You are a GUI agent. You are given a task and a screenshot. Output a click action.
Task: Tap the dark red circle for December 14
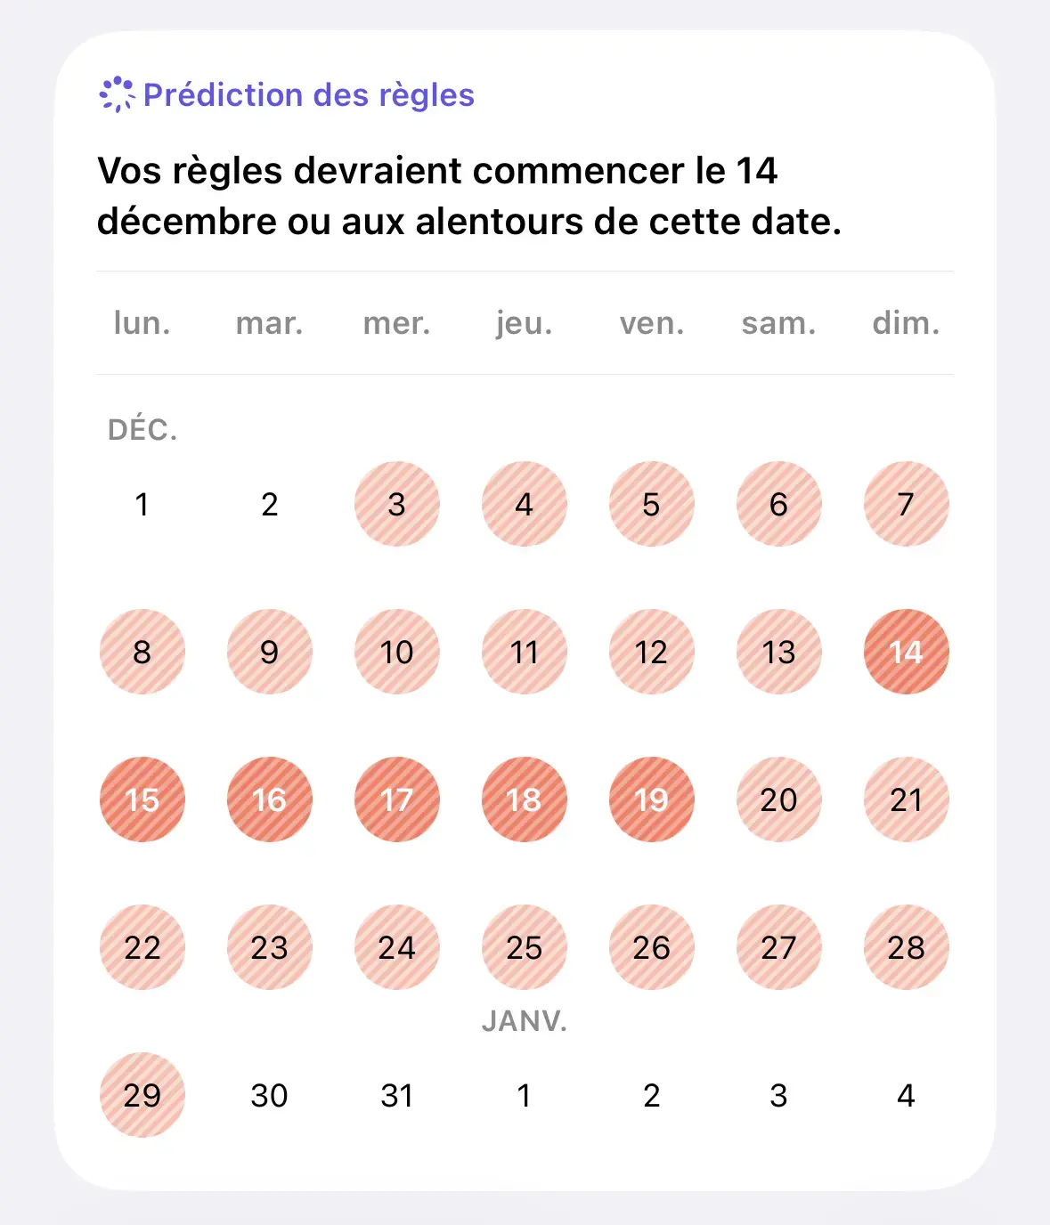pyautogui.click(x=906, y=652)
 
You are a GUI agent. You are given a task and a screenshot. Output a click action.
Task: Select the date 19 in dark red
pyautogui.click(x=651, y=799)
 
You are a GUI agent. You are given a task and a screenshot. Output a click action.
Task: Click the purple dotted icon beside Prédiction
pyautogui.click(x=117, y=94)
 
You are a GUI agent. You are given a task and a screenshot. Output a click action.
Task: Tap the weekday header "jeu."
pyautogui.click(x=524, y=323)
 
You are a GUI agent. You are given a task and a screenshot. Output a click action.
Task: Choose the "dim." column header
pyautogui.click(x=906, y=323)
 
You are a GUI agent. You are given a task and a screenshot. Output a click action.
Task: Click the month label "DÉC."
pyautogui.click(x=142, y=430)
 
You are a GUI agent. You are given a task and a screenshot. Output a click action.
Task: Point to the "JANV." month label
pyautogui.click(x=524, y=1020)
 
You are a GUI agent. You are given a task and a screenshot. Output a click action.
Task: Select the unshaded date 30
pyautogui.click(x=269, y=1095)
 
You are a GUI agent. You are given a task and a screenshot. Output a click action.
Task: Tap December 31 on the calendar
pyautogui.click(x=396, y=1095)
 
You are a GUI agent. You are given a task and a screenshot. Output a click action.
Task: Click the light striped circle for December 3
pyautogui.click(x=396, y=504)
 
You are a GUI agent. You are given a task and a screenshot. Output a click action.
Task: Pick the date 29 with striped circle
pyautogui.click(x=142, y=1095)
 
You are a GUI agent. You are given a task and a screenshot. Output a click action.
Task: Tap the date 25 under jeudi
pyautogui.click(x=524, y=947)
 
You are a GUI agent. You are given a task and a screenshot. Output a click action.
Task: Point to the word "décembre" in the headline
pyautogui.click(x=187, y=222)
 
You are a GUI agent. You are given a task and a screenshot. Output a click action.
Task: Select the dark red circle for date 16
pyautogui.click(x=269, y=799)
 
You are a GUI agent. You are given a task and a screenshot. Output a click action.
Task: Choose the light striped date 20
pyautogui.click(x=778, y=799)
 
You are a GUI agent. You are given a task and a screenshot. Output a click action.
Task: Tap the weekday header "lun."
pyautogui.click(x=142, y=323)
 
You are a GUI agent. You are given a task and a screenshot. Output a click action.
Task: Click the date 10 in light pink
pyautogui.click(x=396, y=652)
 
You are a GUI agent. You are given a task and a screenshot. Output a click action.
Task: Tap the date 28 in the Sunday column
pyautogui.click(x=906, y=947)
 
